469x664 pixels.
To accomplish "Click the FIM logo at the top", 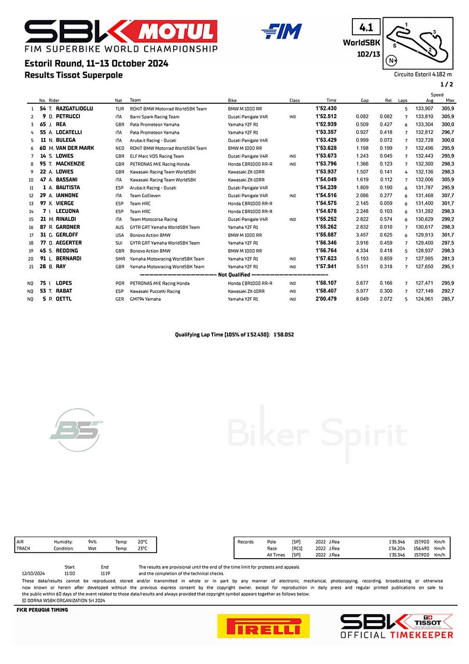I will [281, 32].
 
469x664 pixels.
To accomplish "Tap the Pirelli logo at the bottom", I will [263, 626].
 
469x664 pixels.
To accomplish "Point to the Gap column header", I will [364, 100].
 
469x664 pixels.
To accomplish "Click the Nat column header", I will [119, 100].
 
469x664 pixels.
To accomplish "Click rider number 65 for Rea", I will [44, 125].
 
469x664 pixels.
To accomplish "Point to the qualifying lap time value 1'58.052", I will [283, 335].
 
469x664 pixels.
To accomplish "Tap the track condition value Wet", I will [92, 548].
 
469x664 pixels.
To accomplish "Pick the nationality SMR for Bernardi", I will [120, 259].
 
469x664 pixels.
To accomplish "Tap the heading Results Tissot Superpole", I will [74, 75].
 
